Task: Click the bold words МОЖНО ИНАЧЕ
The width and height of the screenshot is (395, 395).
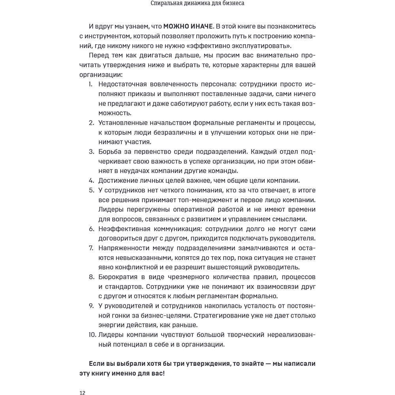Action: [x=186, y=26]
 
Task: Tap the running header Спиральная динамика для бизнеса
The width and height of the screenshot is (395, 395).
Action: [x=197, y=5]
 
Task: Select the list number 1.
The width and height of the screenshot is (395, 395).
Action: [x=90, y=84]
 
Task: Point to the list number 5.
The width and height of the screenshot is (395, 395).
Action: [x=90, y=190]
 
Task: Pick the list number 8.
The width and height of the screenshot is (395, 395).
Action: [x=90, y=277]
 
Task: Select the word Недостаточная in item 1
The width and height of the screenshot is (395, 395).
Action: [x=123, y=84]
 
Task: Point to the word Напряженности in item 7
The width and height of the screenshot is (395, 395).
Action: [x=124, y=248]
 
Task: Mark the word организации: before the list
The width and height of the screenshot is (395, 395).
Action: [x=102, y=74]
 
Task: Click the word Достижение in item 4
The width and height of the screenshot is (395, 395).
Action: [x=117, y=180]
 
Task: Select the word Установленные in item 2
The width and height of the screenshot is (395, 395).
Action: [x=124, y=122]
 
